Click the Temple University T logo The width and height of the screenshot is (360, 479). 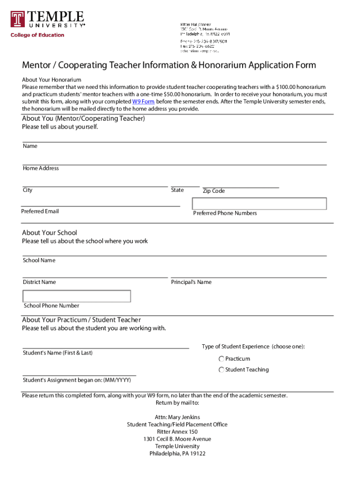tap(18, 19)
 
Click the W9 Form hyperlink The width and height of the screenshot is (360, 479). tap(143, 102)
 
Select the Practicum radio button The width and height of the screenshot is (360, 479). tap(221, 359)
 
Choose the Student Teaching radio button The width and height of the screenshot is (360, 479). tap(221, 370)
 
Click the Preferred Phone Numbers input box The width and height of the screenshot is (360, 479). tap(259, 203)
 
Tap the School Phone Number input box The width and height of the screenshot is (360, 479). tap(77, 296)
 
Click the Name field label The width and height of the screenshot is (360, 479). tap(30, 146)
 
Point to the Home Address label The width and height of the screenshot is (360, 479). tap(41, 168)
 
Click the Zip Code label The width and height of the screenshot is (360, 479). tap(214, 191)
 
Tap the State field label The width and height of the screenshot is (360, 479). tap(177, 190)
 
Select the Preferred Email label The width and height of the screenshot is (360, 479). tap(40, 211)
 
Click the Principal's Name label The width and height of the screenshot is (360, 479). tap(191, 282)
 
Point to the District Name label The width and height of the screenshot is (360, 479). tap(39, 282)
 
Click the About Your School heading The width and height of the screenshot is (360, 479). tap(50, 232)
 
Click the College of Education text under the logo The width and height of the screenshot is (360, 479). tap(37, 35)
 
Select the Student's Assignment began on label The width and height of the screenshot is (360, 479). tap(77, 380)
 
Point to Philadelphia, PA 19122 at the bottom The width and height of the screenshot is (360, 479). tap(177, 453)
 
